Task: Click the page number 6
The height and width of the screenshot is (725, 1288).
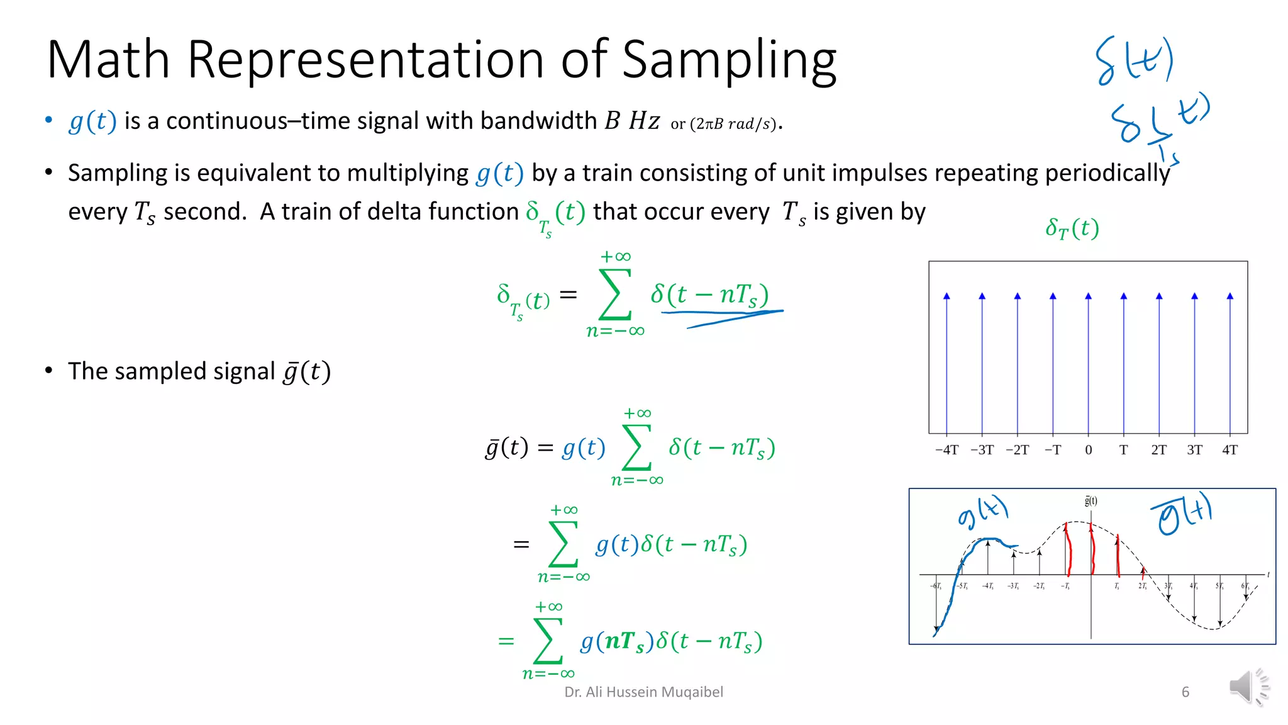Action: [1185, 692]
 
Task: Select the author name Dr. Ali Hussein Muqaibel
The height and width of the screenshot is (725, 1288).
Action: [643, 692]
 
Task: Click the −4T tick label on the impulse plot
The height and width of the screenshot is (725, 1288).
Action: [947, 450]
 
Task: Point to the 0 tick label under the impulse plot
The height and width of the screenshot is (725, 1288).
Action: [1089, 450]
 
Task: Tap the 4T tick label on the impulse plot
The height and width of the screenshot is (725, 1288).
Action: [1230, 450]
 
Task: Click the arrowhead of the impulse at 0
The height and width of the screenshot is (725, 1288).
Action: [1089, 296]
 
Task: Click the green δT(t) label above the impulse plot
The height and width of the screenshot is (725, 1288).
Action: [1072, 228]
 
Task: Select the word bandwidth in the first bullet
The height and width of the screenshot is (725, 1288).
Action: [538, 121]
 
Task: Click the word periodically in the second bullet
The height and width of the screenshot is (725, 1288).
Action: [1108, 172]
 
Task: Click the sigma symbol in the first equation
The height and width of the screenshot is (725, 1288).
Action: [614, 295]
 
